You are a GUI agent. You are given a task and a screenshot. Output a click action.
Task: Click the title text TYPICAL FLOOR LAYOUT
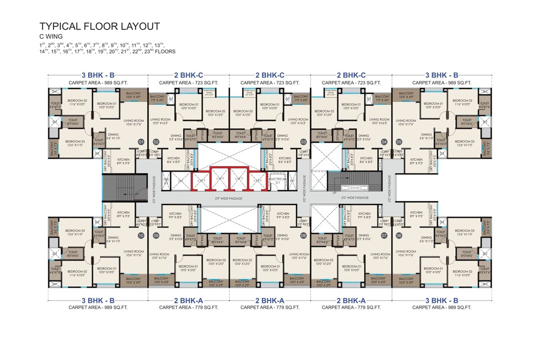[99, 26]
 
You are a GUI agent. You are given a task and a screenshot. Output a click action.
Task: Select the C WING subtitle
[51, 36]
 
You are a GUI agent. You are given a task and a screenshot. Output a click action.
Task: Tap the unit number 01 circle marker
[141, 141]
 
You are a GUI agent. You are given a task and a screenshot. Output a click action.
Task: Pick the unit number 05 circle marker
[399, 141]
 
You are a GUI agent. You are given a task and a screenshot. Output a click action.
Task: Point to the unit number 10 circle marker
[141, 236]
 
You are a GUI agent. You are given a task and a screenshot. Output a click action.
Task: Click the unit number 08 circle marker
[303, 236]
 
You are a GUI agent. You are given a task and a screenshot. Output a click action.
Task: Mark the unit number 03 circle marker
[303, 141]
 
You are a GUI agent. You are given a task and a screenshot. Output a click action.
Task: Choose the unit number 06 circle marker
[399, 236]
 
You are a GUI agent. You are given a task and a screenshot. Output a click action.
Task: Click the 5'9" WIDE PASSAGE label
[229, 198]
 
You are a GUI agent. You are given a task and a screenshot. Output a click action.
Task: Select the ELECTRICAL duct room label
[276, 179]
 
